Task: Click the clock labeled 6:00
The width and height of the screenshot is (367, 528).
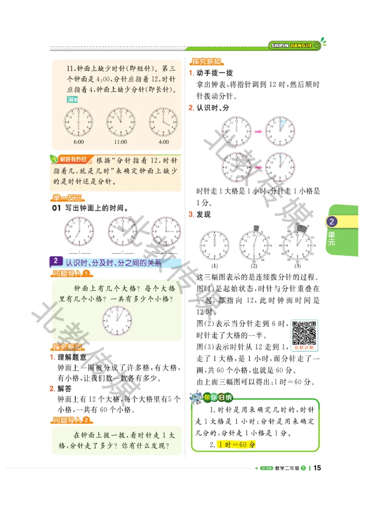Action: pos(78,122)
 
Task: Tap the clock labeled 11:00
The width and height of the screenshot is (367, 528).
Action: pos(121,122)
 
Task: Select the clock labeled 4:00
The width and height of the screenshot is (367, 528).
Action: pos(163,122)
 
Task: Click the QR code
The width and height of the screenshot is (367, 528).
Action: pos(305,333)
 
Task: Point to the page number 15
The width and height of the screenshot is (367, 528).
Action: pos(317,468)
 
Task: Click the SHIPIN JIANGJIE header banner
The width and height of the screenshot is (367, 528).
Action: pos(291,45)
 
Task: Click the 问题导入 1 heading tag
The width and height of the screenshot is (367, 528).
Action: pos(72,274)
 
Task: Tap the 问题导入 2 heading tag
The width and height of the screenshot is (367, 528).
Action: pos(72,420)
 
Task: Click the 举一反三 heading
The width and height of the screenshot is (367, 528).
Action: pos(67,198)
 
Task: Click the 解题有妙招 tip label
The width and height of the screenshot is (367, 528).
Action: pos(69,160)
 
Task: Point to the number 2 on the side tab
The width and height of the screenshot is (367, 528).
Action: pos(332,222)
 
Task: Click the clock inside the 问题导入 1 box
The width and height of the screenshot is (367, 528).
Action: pos(117,320)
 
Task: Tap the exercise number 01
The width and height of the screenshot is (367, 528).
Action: pos(56,208)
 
